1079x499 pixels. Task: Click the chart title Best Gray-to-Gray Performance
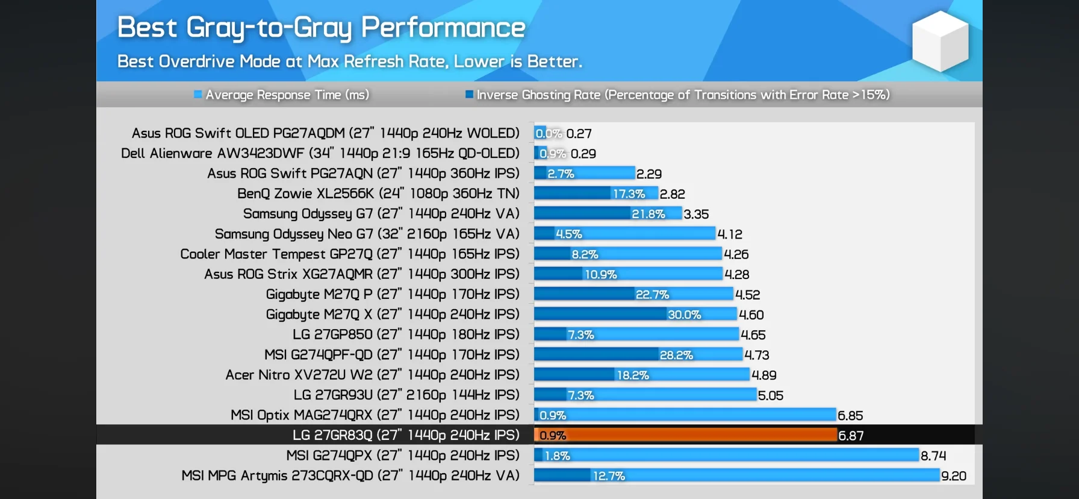[x=321, y=28]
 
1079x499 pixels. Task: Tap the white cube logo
[x=940, y=41]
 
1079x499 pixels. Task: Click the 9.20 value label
[x=953, y=476]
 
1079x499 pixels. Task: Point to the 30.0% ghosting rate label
[x=684, y=315]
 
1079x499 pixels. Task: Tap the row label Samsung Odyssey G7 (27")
[x=381, y=214]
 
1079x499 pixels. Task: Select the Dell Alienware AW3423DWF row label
[x=320, y=153]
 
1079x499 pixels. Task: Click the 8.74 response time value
[x=933, y=456]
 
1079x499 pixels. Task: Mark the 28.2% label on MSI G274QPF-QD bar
[x=676, y=355]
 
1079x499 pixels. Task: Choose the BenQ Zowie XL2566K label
[x=378, y=193]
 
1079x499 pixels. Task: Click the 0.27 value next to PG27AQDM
[x=579, y=133]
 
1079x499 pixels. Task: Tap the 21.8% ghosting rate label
[x=648, y=214]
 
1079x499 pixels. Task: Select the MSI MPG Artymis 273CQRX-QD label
[x=350, y=475]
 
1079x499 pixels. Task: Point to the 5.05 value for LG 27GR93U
[x=770, y=395]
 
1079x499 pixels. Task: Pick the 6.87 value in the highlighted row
[x=851, y=436]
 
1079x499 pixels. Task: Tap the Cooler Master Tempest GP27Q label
[x=349, y=254]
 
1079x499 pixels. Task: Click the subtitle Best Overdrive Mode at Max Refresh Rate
[x=349, y=61]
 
